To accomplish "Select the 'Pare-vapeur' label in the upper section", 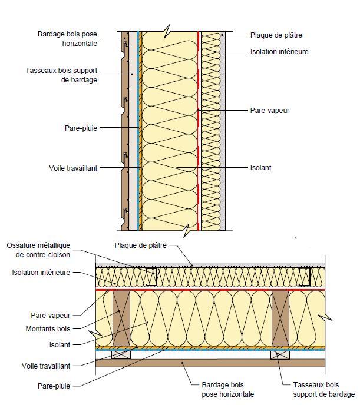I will pos(270,110).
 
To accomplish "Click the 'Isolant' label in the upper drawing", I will pos(260,167).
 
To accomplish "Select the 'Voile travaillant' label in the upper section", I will pos(73,168).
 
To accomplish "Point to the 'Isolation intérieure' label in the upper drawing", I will pos(279,52).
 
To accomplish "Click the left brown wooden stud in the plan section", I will pos(121,318).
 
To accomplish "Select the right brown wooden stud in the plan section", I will pos(280,318).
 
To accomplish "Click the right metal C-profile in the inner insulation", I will pos(306,277).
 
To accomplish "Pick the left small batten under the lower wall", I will pos(122,355).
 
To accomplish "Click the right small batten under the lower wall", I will pos(280,355).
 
